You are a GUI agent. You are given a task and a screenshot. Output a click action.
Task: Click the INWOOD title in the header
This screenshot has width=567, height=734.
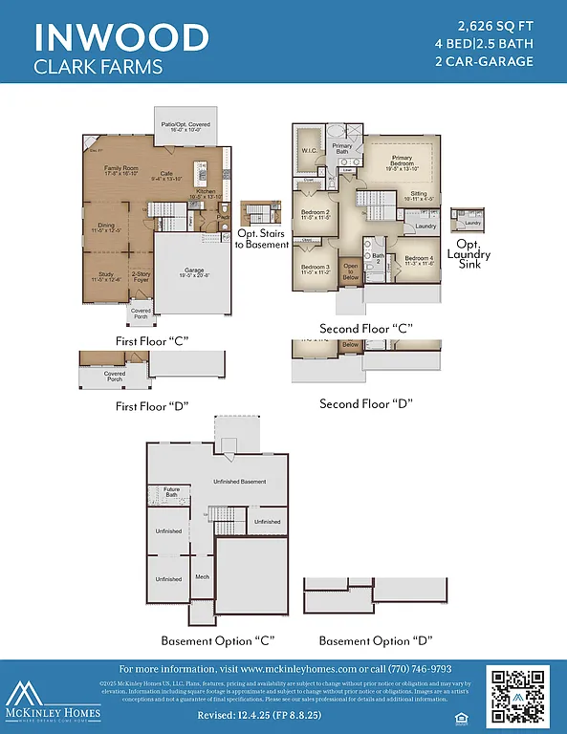[121, 37]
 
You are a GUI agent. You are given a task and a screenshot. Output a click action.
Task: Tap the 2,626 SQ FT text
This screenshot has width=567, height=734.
[496, 25]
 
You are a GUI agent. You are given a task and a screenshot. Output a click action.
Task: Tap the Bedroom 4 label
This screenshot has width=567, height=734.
[419, 259]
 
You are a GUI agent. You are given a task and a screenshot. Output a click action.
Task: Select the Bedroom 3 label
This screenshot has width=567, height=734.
[315, 268]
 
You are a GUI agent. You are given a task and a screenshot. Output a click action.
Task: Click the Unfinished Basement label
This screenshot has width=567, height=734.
[239, 481]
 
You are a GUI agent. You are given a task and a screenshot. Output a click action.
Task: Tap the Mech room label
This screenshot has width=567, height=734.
[202, 576]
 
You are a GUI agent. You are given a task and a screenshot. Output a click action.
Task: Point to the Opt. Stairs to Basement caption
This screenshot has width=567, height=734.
[262, 239]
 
